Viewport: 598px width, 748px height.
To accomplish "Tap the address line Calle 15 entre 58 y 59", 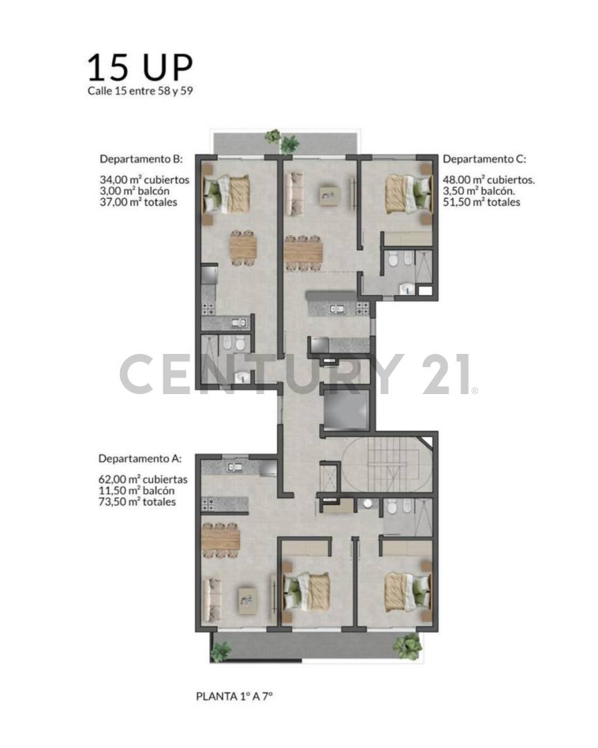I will coord(140,91).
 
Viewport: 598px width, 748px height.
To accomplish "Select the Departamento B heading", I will coord(141,159).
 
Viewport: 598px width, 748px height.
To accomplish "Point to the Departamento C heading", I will coord(484,159).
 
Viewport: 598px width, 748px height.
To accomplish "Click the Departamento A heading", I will coord(140,458).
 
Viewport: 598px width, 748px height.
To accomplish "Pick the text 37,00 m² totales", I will coord(138,202).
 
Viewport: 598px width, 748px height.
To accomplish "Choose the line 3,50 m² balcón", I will coord(478,190).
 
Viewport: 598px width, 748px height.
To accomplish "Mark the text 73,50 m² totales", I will coord(137,502).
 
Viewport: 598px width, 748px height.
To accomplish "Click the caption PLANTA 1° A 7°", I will coord(235,695).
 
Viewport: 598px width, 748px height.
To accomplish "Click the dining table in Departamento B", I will coord(242,246).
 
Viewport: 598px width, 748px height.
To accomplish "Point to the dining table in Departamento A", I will coord(221,537).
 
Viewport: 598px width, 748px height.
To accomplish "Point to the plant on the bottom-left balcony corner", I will coord(221,652).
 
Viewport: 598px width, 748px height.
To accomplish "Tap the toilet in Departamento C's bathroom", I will coord(393,260).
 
